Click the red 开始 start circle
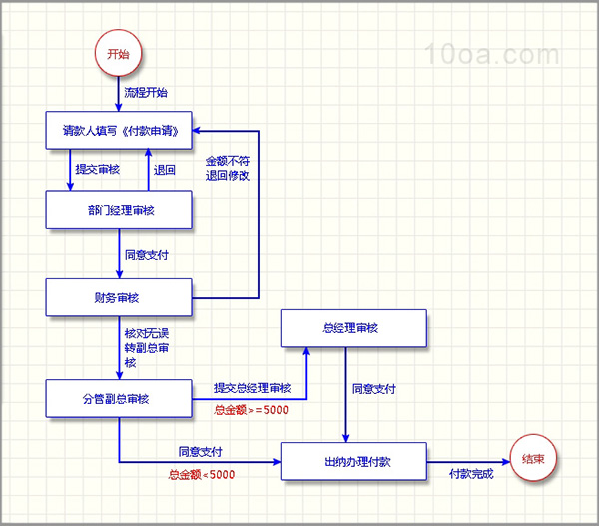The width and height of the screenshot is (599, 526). tap(118, 54)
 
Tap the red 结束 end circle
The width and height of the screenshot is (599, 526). tap(533, 458)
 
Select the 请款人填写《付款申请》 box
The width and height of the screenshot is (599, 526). tap(119, 131)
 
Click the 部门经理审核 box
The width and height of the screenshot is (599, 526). tap(119, 210)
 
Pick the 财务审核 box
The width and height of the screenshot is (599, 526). tap(119, 297)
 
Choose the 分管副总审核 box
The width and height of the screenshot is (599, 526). tap(119, 399)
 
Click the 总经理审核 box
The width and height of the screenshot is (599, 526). tap(353, 328)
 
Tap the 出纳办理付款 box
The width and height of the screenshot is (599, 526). tap(353, 461)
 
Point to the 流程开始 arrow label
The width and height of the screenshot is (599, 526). tap(146, 93)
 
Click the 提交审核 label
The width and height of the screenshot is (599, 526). tap(98, 169)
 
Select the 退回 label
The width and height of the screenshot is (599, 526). tap(165, 170)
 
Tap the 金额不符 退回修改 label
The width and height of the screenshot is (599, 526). tap(228, 168)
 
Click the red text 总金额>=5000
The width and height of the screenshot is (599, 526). tap(251, 410)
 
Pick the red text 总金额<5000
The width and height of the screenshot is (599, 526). tap(202, 475)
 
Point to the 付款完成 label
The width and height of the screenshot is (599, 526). tap(471, 474)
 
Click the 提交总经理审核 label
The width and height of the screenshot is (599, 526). tap(253, 388)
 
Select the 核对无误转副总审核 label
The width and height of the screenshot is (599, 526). tap(147, 348)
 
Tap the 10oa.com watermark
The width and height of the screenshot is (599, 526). tap(492, 54)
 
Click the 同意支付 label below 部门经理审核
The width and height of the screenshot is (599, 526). tap(147, 255)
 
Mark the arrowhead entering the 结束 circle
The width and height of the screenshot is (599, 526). tap(506, 462)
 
